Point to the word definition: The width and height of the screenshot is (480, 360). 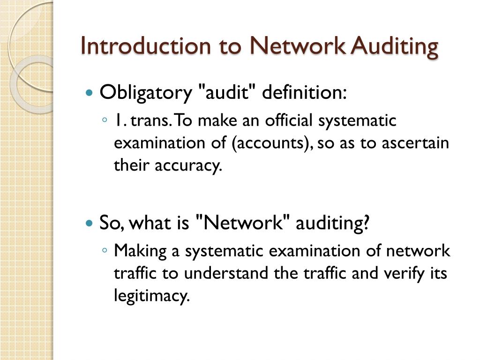(x=304, y=92)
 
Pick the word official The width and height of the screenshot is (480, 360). (x=290, y=121)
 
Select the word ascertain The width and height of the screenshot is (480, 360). (x=415, y=143)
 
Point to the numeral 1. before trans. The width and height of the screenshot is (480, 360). (x=120, y=121)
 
